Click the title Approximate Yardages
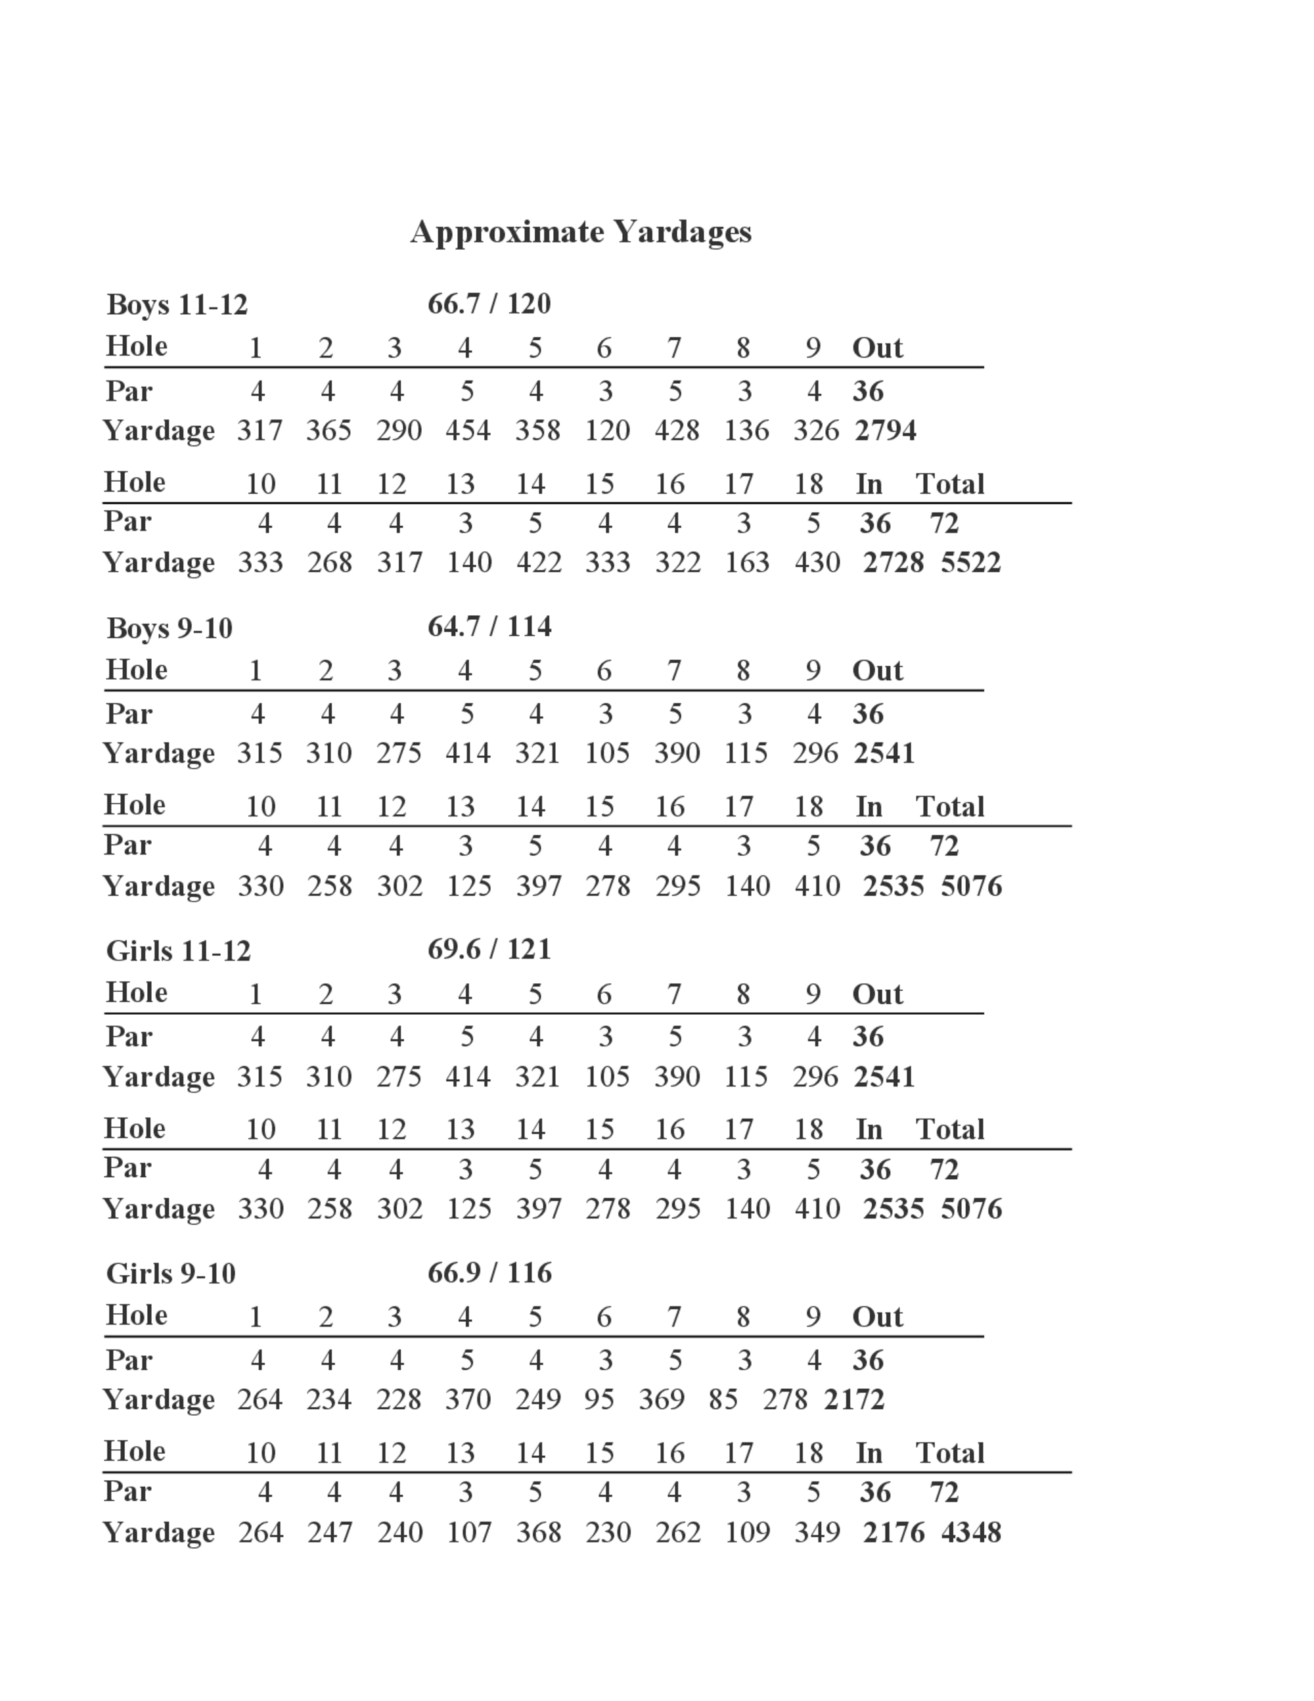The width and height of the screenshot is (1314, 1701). [x=581, y=232]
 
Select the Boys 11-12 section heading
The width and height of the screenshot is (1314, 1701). [x=177, y=304]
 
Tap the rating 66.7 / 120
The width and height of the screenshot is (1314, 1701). [x=489, y=304]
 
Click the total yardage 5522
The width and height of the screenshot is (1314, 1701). [x=970, y=563]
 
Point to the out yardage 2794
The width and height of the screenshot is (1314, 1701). [x=885, y=430]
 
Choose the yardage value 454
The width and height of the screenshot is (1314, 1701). [x=468, y=430]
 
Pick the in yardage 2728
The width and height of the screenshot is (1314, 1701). [x=893, y=563]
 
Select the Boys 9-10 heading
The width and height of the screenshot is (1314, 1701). [x=169, y=628]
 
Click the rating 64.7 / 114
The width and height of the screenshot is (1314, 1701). [x=489, y=626]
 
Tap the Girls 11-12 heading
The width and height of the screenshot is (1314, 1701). [x=178, y=951]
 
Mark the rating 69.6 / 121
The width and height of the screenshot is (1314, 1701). [x=489, y=949]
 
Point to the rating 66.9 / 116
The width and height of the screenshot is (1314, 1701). [x=489, y=1272]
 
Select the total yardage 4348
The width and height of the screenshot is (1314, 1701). [x=970, y=1532]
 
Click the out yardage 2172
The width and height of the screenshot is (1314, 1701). [x=854, y=1399]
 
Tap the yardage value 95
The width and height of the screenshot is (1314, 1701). [x=599, y=1399]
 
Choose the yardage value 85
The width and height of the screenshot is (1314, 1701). [x=723, y=1399]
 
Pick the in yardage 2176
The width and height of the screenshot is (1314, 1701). [x=893, y=1532]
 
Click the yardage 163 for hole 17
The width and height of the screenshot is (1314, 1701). [x=746, y=563]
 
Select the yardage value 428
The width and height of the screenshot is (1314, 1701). [x=677, y=430]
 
